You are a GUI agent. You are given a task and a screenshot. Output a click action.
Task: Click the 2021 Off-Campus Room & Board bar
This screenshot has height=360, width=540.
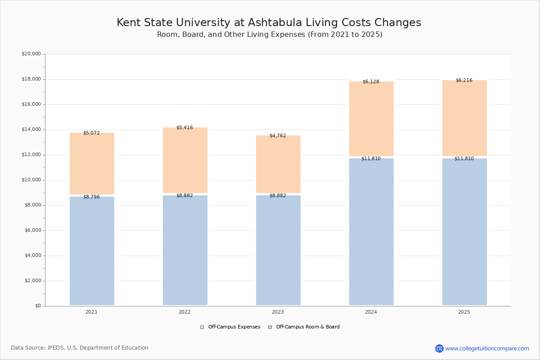[x=92, y=251]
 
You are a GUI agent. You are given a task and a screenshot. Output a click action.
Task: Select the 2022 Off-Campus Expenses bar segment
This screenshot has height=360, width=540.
[x=185, y=160]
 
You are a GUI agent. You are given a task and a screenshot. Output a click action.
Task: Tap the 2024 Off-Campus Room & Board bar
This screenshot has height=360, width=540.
[x=371, y=232]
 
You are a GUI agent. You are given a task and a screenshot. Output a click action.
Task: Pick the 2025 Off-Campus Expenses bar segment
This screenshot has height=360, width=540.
[x=464, y=118]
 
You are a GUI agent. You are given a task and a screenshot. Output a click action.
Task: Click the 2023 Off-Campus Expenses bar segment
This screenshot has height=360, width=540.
[x=278, y=164]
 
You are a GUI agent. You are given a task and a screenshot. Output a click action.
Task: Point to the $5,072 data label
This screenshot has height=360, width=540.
[x=91, y=133]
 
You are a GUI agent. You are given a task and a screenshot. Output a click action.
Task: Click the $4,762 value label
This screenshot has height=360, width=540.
[x=278, y=136]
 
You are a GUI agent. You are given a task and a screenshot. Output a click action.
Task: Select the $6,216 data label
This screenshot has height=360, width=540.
[x=464, y=81]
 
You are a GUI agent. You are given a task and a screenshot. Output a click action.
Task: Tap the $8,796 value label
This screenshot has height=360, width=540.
[x=91, y=197]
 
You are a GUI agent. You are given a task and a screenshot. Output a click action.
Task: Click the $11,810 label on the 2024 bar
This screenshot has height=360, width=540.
[x=371, y=159]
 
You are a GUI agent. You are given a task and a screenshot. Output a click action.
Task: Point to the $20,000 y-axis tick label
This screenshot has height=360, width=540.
[x=31, y=54]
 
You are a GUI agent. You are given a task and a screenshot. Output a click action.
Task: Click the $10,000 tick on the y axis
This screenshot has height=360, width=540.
[x=31, y=180]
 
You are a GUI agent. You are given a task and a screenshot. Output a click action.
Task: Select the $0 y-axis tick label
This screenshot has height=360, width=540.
[x=38, y=306]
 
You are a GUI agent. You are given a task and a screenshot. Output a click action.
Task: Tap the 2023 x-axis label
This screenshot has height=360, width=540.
[x=278, y=312]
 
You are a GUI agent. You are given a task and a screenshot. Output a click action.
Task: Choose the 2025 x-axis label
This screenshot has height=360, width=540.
[x=464, y=312]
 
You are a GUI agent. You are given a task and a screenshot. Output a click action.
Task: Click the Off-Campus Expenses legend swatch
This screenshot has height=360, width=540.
[x=202, y=327]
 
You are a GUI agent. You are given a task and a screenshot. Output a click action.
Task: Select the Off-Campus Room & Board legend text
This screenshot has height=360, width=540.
[x=308, y=327]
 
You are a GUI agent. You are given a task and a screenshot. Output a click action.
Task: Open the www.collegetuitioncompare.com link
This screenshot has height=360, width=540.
[x=487, y=348]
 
